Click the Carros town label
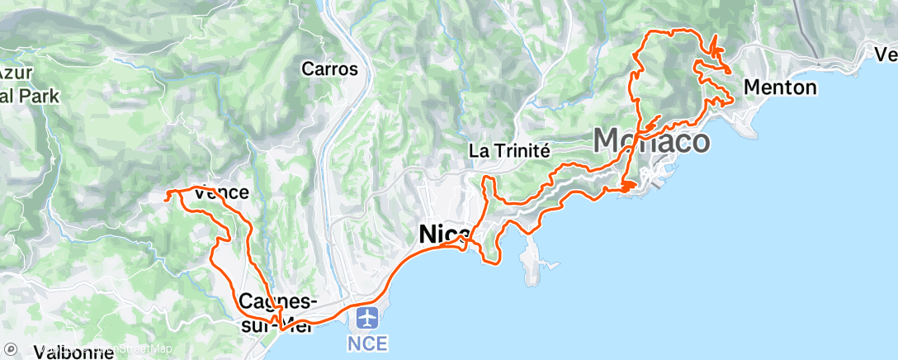(329, 69)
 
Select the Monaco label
(651, 141)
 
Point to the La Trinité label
(508, 150)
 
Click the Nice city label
(445, 234)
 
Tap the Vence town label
(220, 192)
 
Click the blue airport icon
(368, 318)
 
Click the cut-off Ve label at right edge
(886, 54)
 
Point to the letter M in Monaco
(608, 141)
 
